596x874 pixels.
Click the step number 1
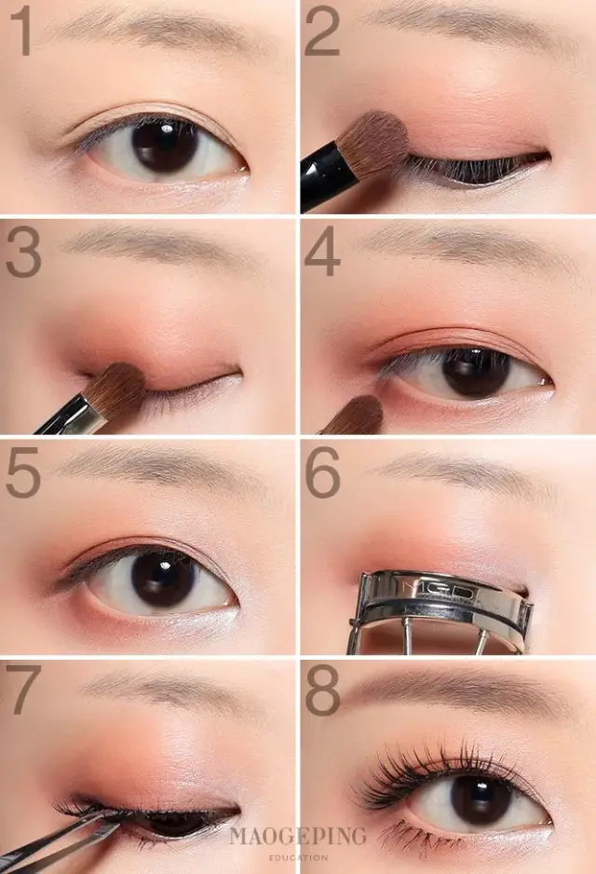pos(21,31)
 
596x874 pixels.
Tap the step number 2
pos(322,31)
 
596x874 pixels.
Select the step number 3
pos(23,252)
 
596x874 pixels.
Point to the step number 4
pos(322,251)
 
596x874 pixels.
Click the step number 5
pos(23,472)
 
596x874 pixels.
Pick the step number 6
pos(322,472)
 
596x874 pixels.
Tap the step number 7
pos(24,690)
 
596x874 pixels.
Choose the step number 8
pos(322,690)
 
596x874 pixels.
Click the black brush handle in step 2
pos(327,177)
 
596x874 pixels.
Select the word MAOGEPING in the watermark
pos(298,836)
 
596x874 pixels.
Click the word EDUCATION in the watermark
pos(298,857)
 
